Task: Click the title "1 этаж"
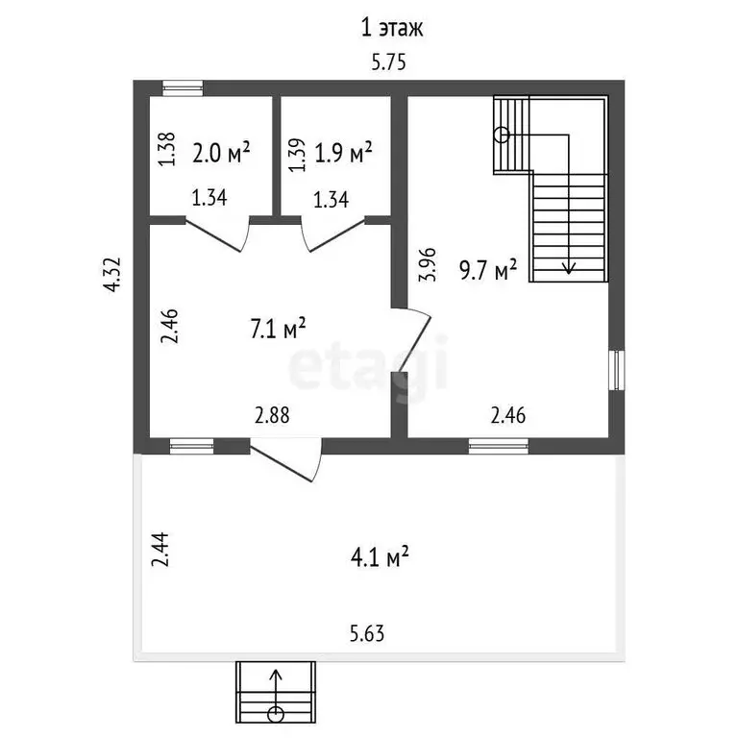(x=392, y=28)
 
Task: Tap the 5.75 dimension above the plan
(x=388, y=62)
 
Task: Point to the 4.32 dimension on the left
(x=113, y=275)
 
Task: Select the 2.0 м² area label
(x=221, y=153)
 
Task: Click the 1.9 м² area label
(x=343, y=153)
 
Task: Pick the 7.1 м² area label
(x=278, y=328)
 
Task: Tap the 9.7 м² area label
(x=488, y=270)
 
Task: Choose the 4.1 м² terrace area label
(x=380, y=556)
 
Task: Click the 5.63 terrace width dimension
(x=367, y=633)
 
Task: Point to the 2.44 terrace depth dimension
(x=160, y=550)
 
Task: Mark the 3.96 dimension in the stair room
(x=428, y=264)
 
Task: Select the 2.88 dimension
(x=272, y=415)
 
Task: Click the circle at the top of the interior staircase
(x=503, y=135)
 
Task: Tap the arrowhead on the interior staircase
(x=569, y=268)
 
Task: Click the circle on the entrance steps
(x=276, y=715)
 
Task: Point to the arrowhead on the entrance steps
(x=276, y=675)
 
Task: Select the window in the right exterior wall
(x=617, y=370)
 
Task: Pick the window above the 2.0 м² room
(x=183, y=88)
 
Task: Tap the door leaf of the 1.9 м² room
(x=336, y=234)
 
